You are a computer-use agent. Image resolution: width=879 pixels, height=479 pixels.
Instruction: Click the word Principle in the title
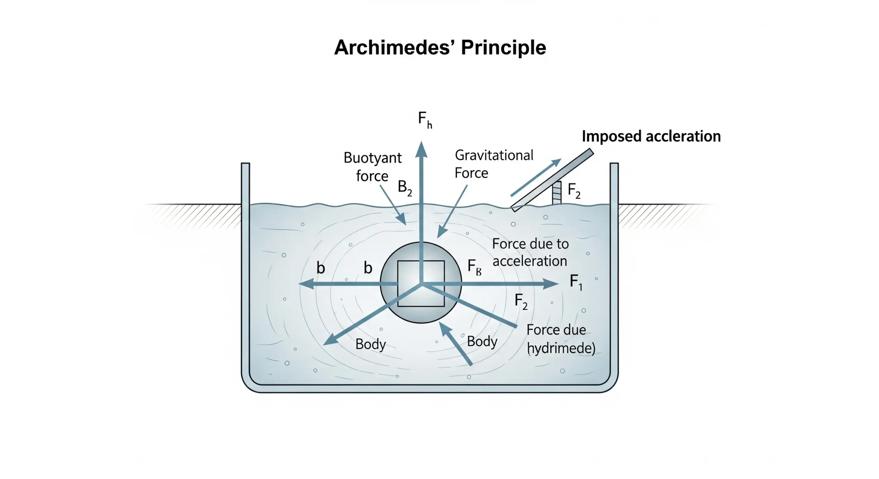(503, 47)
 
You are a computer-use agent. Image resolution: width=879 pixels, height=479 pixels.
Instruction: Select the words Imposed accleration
(651, 136)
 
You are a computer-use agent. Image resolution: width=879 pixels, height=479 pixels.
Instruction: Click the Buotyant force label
(373, 167)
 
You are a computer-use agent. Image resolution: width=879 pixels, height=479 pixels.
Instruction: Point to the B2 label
(404, 188)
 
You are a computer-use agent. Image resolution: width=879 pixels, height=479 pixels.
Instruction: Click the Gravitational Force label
(493, 164)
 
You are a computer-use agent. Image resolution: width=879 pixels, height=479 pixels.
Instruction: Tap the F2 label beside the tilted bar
(574, 190)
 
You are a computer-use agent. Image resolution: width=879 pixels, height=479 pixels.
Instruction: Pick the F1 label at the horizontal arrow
(576, 282)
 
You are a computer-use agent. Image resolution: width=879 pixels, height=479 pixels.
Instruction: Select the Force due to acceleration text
(530, 253)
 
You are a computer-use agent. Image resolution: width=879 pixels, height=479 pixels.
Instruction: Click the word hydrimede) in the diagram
(561, 348)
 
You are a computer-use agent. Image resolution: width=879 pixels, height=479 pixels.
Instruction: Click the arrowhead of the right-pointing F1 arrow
(551, 284)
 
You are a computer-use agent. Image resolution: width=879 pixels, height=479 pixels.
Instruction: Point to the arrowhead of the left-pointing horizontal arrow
(306, 284)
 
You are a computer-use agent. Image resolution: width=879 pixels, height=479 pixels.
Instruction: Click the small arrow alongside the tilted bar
(536, 177)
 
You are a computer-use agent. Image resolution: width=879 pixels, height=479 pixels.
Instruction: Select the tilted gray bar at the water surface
(552, 180)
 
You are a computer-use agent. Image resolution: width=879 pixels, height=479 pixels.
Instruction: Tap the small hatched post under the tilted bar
(557, 193)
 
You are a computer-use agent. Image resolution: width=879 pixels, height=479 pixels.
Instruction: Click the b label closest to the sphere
(368, 268)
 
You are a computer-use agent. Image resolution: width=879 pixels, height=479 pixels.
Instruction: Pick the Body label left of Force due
(482, 341)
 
